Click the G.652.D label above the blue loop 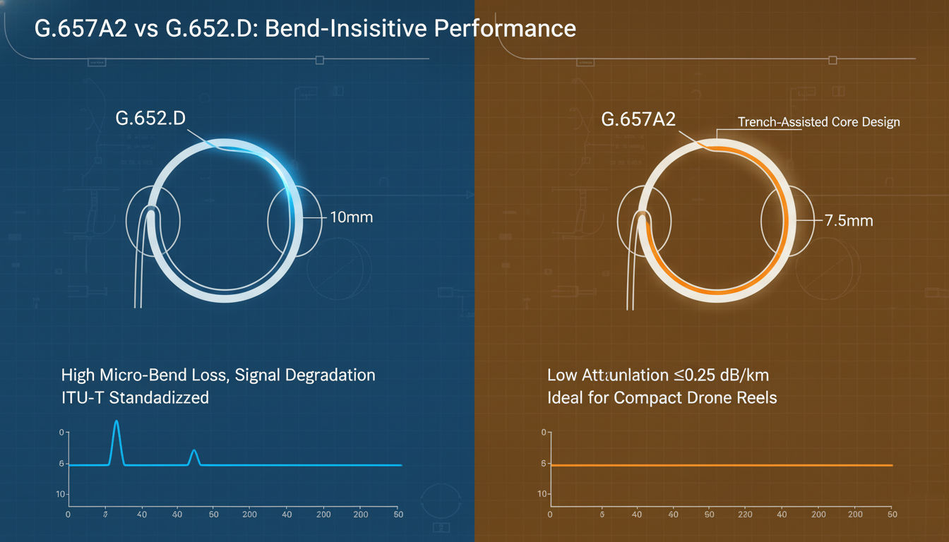click(x=150, y=118)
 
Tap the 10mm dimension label click(x=351, y=217)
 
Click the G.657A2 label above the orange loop click(x=638, y=119)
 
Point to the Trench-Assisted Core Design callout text click(x=818, y=122)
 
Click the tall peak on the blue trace click(x=117, y=423)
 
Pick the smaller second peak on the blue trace click(x=194, y=452)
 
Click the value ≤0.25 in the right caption click(x=675, y=375)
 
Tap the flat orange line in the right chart click(x=720, y=465)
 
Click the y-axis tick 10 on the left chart click(x=61, y=494)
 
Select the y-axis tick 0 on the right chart click(x=543, y=432)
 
